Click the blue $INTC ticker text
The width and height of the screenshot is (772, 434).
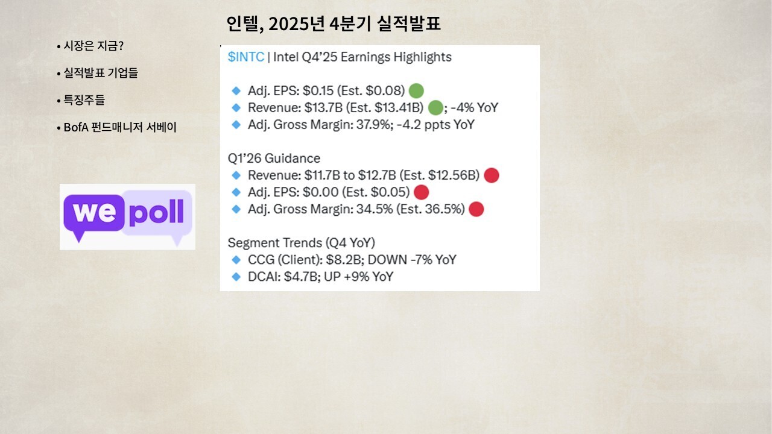(x=245, y=57)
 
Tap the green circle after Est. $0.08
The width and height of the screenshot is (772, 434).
(x=416, y=91)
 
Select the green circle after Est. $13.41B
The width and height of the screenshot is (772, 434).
(x=435, y=108)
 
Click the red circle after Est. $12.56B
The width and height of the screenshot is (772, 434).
(x=492, y=175)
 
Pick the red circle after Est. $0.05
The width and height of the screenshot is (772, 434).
(x=421, y=192)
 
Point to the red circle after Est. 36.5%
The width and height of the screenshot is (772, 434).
(x=476, y=209)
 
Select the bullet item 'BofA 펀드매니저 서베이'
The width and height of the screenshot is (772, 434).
(x=120, y=127)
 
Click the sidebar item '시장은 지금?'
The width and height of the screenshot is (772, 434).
(x=93, y=46)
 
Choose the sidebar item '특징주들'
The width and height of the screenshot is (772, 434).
(x=84, y=100)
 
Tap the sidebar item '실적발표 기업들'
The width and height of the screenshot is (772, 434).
(x=101, y=73)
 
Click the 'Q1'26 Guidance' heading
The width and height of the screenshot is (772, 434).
(x=274, y=159)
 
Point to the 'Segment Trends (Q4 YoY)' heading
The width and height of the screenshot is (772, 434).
(x=301, y=243)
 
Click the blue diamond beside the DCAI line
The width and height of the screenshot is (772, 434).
(x=236, y=277)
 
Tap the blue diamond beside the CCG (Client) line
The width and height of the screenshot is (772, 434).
(x=236, y=260)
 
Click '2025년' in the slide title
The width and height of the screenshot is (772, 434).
(x=297, y=24)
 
